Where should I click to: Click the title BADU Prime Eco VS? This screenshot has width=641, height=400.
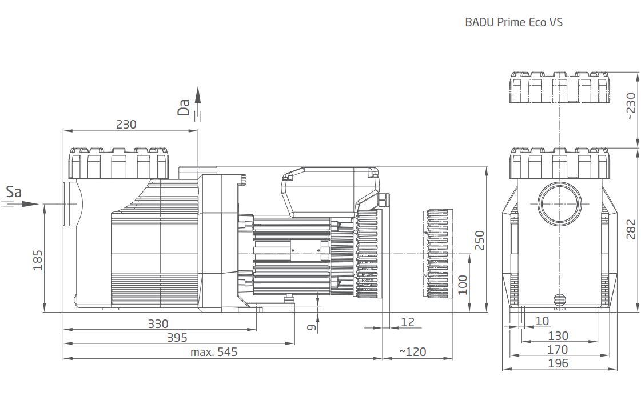point(513,22)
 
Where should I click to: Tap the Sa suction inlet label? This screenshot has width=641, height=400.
point(14,191)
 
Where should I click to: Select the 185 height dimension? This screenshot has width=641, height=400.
point(38,260)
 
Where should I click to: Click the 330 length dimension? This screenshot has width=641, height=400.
point(158,324)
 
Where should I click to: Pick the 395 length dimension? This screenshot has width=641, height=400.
point(177,338)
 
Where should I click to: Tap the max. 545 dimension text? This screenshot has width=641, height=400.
point(214,352)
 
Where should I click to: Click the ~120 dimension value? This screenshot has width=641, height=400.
point(412,352)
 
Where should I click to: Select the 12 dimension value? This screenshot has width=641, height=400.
point(408,322)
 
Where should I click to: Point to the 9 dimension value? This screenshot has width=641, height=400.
point(312,327)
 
